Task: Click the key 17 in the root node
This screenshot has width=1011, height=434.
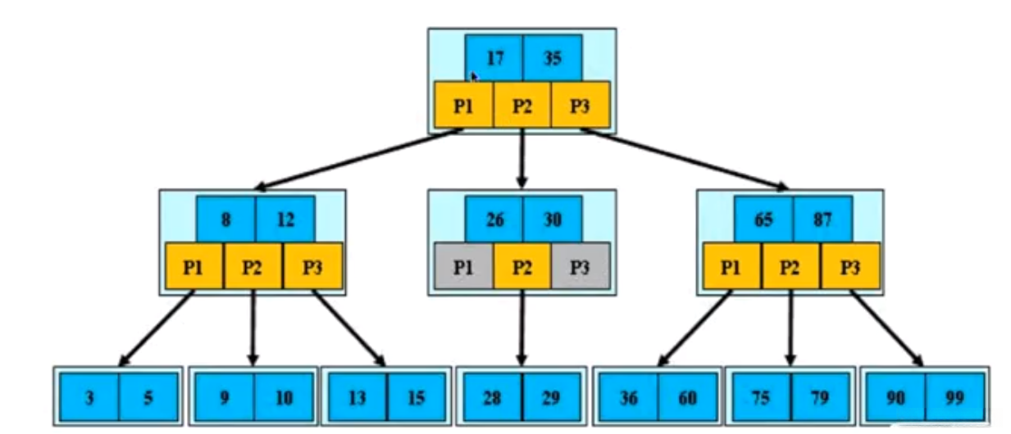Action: click(x=494, y=58)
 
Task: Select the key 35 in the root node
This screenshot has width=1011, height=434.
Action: click(x=553, y=58)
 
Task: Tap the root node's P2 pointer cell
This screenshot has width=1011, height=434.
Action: click(x=522, y=106)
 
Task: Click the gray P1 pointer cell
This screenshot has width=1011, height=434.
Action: click(x=464, y=267)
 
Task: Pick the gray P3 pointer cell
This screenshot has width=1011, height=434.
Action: click(x=581, y=267)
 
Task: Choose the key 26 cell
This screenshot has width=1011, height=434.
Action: click(x=494, y=219)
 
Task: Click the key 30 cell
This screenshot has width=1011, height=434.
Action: click(x=553, y=219)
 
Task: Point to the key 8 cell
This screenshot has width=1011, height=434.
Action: click(x=226, y=219)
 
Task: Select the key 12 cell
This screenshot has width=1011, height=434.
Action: click(x=285, y=219)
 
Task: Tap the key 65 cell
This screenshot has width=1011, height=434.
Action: click(x=763, y=219)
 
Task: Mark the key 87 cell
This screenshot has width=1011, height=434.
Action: click(x=822, y=219)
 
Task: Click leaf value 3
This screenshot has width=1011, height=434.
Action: click(x=89, y=397)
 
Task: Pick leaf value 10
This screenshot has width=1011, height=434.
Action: click(x=284, y=397)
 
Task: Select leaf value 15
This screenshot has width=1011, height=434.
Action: click(x=417, y=397)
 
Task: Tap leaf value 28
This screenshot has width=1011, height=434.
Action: click(x=493, y=397)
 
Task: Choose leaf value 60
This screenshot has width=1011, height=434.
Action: click(x=687, y=397)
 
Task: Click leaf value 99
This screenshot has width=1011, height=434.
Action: click(x=954, y=397)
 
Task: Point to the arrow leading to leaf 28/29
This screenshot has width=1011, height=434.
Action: click(x=522, y=328)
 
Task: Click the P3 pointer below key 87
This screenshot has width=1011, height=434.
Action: click(x=850, y=267)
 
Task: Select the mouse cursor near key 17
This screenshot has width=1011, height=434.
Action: click(x=474, y=78)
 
